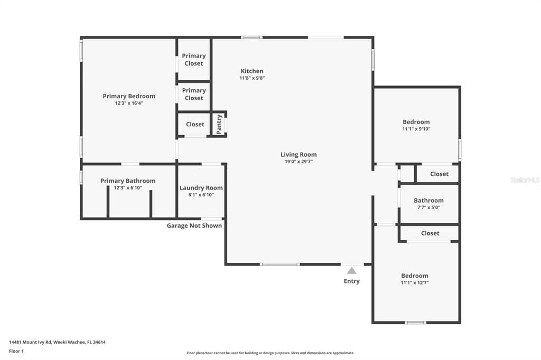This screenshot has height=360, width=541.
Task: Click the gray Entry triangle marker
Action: (x=351, y=271)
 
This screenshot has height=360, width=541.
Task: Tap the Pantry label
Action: (x=219, y=124)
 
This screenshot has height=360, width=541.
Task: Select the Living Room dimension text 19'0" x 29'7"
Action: (x=299, y=162)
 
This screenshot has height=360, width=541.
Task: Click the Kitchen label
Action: (x=252, y=71)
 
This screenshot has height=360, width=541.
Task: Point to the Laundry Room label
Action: (x=201, y=188)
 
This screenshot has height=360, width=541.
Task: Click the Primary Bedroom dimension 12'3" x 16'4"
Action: (x=129, y=103)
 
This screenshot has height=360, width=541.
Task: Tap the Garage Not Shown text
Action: (x=194, y=225)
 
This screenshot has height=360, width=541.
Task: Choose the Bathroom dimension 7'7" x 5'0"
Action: (x=428, y=207)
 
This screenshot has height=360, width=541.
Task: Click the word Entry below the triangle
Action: (x=351, y=281)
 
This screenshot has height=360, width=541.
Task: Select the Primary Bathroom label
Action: (x=128, y=181)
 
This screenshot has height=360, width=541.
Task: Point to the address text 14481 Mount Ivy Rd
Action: (x=30, y=343)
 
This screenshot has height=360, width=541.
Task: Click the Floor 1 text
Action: (x=16, y=352)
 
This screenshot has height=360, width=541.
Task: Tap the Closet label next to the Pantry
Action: (x=195, y=124)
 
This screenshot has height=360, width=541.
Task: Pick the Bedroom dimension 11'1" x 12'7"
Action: (x=414, y=283)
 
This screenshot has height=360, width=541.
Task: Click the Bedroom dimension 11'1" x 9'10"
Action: (x=416, y=129)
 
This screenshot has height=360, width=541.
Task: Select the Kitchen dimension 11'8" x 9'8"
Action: (x=252, y=78)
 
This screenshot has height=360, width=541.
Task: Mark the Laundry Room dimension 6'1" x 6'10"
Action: (x=201, y=195)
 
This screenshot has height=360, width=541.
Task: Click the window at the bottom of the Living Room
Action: (x=280, y=264)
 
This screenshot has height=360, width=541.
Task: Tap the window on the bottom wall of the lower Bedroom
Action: (x=415, y=323)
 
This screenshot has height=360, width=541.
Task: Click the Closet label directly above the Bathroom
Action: (x=439, y=174)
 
